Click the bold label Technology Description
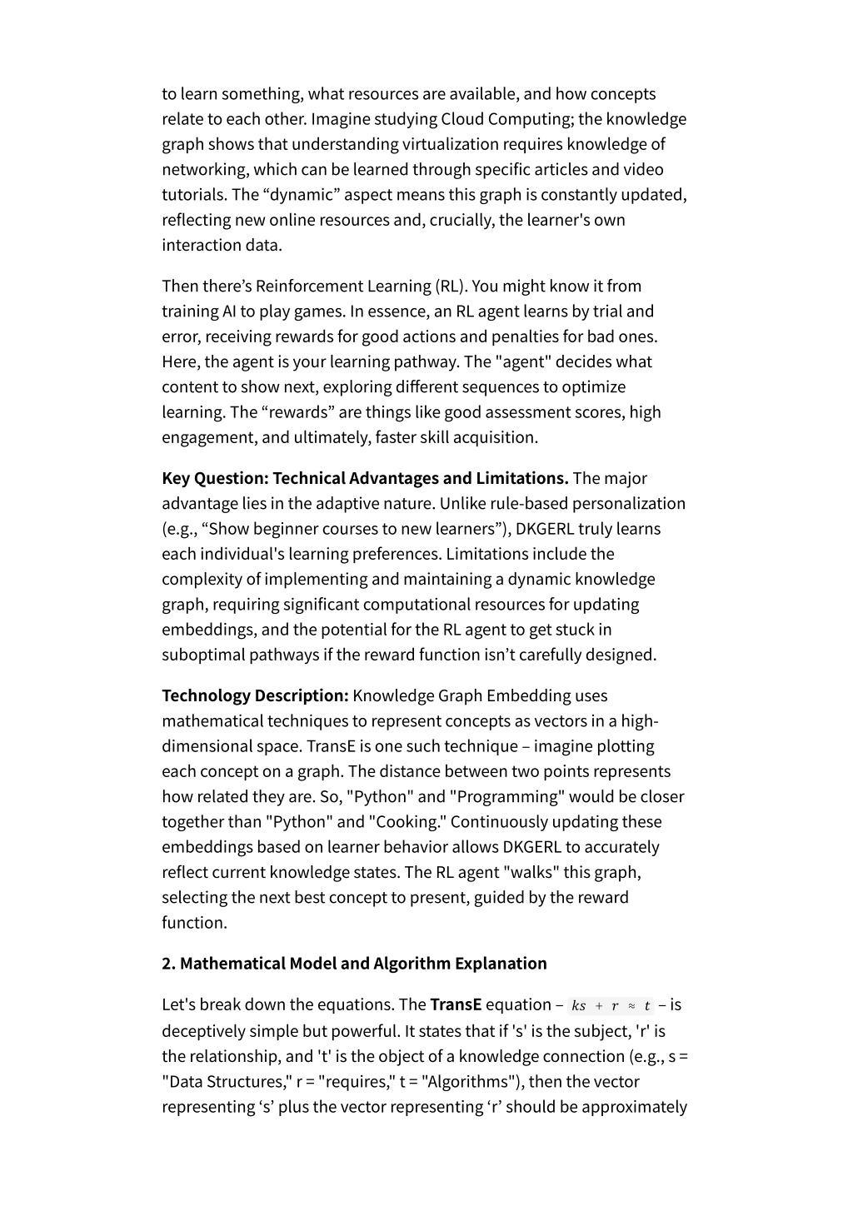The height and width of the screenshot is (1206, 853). point(255,696)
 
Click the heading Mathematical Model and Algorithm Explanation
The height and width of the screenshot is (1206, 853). point(363,964)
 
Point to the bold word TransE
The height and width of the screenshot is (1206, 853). point(456,1005)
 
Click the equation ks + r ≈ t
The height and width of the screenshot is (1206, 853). point(611,1006)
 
